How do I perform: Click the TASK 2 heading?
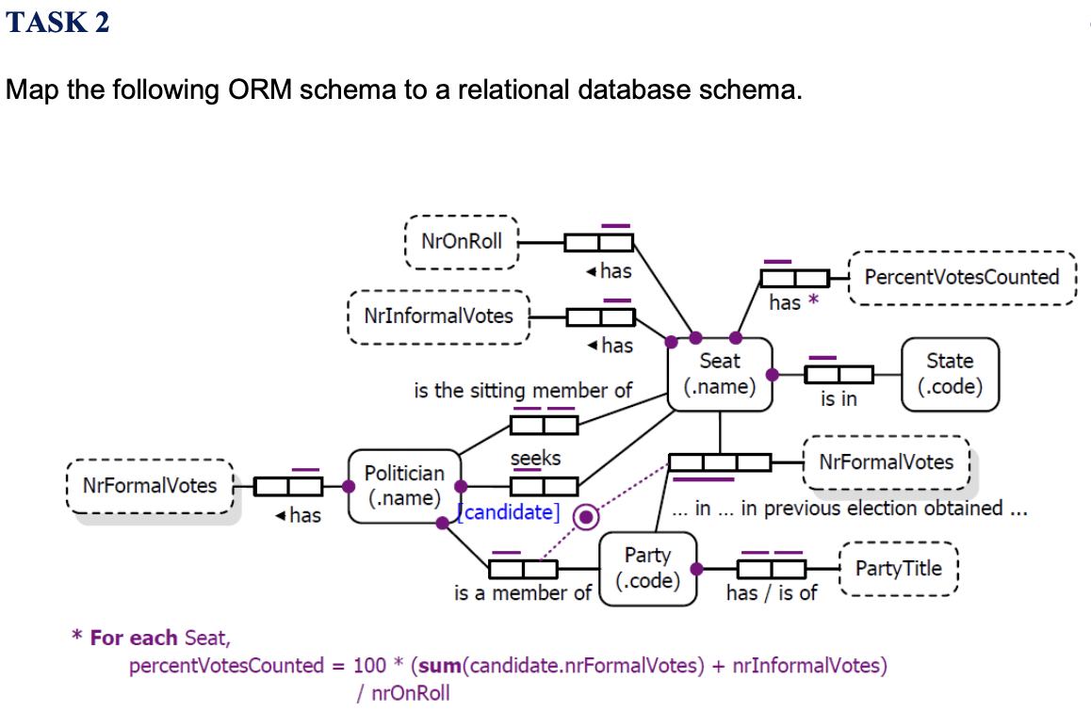(x=58, y=22)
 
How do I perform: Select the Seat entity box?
(x=720, y=374)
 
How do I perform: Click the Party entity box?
(x=647, y=568)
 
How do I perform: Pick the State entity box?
(x=950, y=374)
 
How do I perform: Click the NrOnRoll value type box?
(x=462, y=241)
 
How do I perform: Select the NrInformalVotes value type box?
(x=438, y=316)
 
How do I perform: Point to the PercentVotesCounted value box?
(x=961, y=277)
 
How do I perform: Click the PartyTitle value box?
(x=898, y=568)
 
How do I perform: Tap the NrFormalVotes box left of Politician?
(x=150, y=486)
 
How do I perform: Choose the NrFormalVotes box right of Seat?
(x=886, y=462)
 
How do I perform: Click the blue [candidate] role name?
(x=508, y=513)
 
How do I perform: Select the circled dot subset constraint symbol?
(x=587, y=516)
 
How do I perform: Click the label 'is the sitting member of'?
(x=523, y=390)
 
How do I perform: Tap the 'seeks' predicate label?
(x=535, y=458)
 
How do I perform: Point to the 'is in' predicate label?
(x=839, y=398)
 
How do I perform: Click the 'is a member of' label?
(x=522, y=592)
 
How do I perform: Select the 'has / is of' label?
(x=772, y=592)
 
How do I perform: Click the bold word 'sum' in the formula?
(x=439, y=666)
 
